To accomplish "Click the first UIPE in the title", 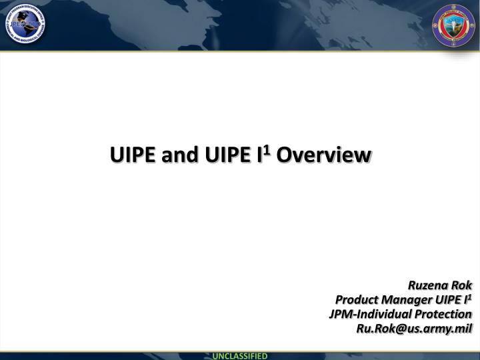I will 132,155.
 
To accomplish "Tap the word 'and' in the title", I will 175,155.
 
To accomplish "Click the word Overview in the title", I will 322,155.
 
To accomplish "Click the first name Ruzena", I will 428,286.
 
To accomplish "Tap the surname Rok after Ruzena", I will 462,286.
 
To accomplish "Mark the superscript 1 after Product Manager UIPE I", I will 469,297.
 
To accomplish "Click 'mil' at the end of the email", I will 463,328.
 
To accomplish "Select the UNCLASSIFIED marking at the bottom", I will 240,355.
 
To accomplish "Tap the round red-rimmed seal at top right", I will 455,27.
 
